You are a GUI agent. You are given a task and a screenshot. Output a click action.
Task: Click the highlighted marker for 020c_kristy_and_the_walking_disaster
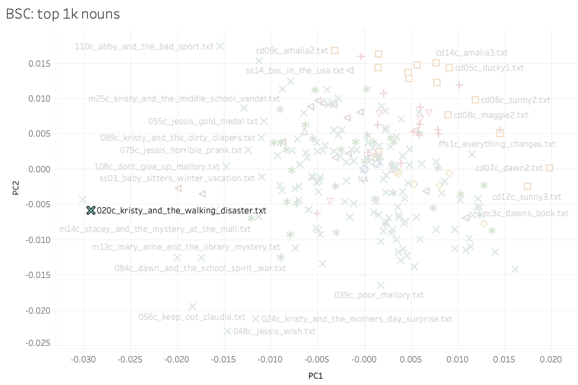91,211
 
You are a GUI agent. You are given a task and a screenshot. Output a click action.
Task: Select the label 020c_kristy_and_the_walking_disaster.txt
181,211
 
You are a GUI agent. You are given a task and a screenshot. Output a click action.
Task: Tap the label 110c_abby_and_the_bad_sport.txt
144,47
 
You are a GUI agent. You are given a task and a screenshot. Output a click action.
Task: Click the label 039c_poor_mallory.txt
379,295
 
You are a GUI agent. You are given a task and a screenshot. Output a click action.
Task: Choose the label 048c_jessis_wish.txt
275,331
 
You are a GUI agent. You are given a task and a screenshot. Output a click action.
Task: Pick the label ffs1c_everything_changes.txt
497,144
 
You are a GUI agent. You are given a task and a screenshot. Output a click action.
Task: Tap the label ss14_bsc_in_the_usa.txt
294,71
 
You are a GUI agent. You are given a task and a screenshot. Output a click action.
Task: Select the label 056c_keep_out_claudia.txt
192,317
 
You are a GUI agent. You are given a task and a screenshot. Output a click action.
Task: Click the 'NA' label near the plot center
363,179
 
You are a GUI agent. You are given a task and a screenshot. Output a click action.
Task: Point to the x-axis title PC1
315,376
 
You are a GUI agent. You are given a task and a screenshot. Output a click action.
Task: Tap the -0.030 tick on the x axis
84,359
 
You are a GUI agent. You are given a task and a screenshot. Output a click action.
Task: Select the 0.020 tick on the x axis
551,359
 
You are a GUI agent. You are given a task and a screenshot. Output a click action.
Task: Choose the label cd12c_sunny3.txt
527,197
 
